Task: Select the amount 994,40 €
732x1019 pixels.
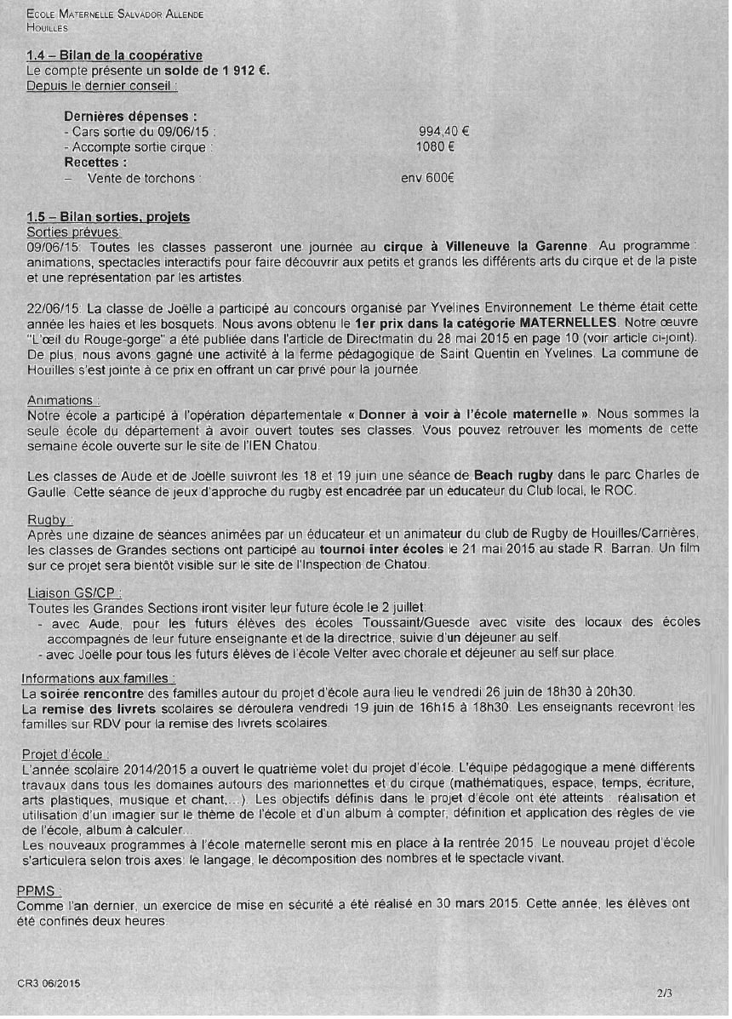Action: pyautogui.click(x=444, y=132)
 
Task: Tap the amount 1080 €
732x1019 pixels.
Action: pyautogui.click(x=434, y=147)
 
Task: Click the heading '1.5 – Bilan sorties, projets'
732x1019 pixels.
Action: pyautogui.click(x=108, y=217)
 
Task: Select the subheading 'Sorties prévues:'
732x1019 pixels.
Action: pyautogui.click(x=74, y=231)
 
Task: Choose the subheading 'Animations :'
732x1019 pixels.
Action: pyautogui.click(x=64, y=400)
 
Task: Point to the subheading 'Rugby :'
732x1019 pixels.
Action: pyautogui.click(x=50, y=519)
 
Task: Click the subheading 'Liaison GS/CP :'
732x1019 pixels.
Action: pyautogui.click(x=75, y=593)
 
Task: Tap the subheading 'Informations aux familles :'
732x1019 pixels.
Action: pyautogui.click(x=99, y=678)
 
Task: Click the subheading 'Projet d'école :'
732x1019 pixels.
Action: pyautogui.click(x=66, y=754)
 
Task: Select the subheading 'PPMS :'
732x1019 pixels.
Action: pyautogui.click(x=39, y=890)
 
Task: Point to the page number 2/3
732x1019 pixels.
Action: pyautogui.click(x=664, y=992)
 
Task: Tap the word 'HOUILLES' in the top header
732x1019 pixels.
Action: pyautogui.click(x=48, y=27)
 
